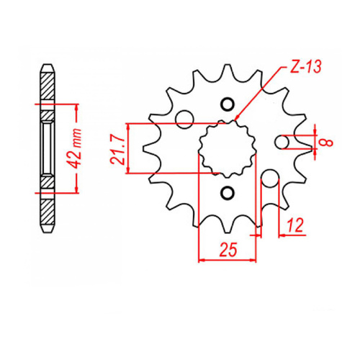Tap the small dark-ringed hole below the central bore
pos(228,192)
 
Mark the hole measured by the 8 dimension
pos(284,142)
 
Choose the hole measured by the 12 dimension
pos(269,178)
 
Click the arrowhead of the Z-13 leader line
pos(236,118)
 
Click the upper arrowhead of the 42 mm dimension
pos(74,107)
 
